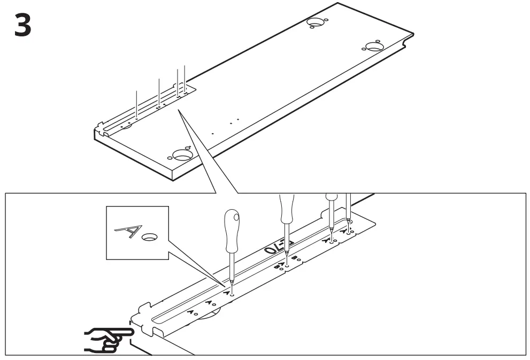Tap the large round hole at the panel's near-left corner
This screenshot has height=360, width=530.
(x=182, y=155)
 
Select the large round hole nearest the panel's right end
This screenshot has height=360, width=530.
(x=374, y=45)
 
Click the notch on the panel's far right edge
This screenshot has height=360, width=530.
(x=410, y=37)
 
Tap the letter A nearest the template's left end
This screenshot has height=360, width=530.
(x=189, y=311)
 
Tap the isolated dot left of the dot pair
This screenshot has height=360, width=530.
(x=212, y=132)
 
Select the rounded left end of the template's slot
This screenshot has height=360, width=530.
(x=155, y=319)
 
